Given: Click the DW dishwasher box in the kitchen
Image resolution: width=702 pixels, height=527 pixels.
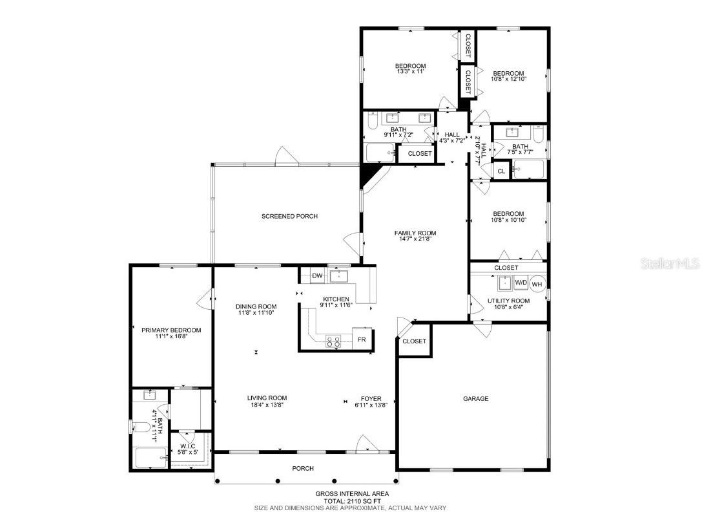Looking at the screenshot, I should [317, 276].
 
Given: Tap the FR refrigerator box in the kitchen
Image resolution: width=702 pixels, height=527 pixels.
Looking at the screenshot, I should [362, 339].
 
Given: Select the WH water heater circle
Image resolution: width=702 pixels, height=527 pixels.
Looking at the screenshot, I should [537, 283].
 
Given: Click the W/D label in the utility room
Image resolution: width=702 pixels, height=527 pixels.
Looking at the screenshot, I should [521, 283].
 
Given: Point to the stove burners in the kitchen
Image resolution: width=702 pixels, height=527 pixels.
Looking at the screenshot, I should [334, 341].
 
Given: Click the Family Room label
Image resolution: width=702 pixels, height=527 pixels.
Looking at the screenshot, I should [415, 233].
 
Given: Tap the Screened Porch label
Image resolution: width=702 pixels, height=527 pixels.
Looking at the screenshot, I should [289, 216].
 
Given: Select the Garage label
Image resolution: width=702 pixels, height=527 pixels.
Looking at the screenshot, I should [475, 399].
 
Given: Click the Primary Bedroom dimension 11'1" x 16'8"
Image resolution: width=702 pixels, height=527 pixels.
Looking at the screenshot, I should [171, 337].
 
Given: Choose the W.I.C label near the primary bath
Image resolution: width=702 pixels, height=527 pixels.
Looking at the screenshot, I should [187, 446].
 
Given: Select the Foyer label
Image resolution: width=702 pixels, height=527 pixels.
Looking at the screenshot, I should [371, 398].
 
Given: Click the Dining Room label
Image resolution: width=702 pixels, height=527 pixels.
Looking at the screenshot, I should [256, 307].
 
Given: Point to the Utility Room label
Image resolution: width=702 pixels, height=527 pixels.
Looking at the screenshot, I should [508, 301].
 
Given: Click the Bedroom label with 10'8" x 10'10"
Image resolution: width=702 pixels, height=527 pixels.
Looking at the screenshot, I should [508, 214].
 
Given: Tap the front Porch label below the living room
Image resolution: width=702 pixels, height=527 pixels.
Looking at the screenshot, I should [303, 468].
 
